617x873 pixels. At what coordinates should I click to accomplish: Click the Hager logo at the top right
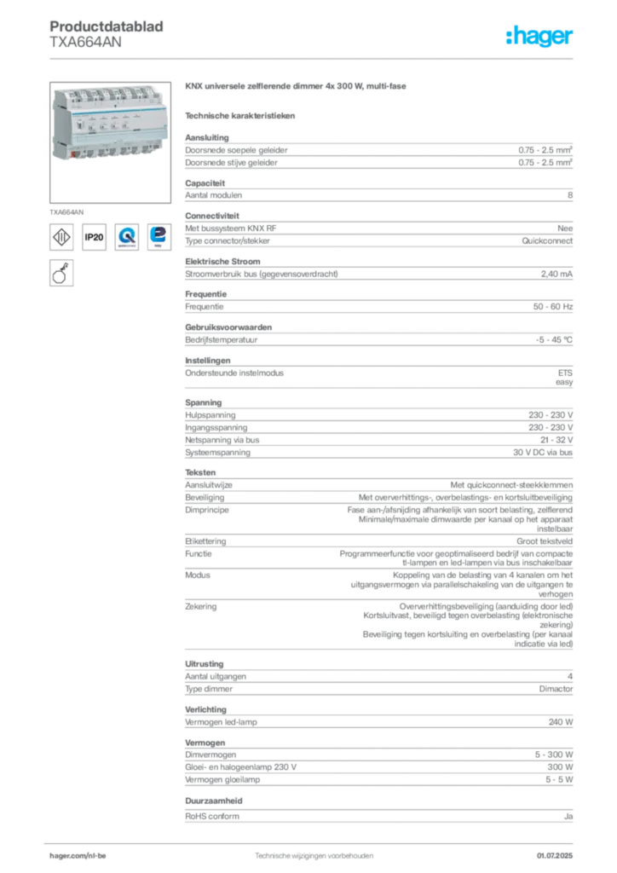coord(539,36)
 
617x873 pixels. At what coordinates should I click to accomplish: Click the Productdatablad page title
coord(107,26)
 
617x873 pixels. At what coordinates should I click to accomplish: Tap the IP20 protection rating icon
coord(94,237)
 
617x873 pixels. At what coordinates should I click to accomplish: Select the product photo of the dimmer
coord(110,142)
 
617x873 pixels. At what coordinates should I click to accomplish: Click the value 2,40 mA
coord(556,274)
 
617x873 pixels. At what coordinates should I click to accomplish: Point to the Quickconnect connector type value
coord(547,241)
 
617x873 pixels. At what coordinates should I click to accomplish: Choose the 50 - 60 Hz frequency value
coord(552,307)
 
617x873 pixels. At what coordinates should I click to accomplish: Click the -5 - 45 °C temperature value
coord(554,339)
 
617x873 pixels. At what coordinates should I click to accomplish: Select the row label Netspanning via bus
coord(222,440)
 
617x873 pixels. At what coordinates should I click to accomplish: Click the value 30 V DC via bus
coord(543,453)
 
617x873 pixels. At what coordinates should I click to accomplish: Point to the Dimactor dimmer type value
coord(556,689)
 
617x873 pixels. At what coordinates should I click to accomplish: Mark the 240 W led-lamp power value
coord(560,722)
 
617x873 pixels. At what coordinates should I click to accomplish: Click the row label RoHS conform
coord(212,816)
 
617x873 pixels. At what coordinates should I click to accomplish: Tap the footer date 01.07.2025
coord(555,856)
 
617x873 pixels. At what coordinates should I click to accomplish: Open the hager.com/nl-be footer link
coord(78,856)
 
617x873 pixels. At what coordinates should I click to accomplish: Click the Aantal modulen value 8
coord(570,195)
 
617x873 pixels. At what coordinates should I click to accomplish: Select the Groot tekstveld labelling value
coord(544,541)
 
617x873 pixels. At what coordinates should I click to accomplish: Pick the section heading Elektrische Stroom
coord(222,262)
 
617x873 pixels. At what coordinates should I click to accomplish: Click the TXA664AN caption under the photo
coord(66,212)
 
